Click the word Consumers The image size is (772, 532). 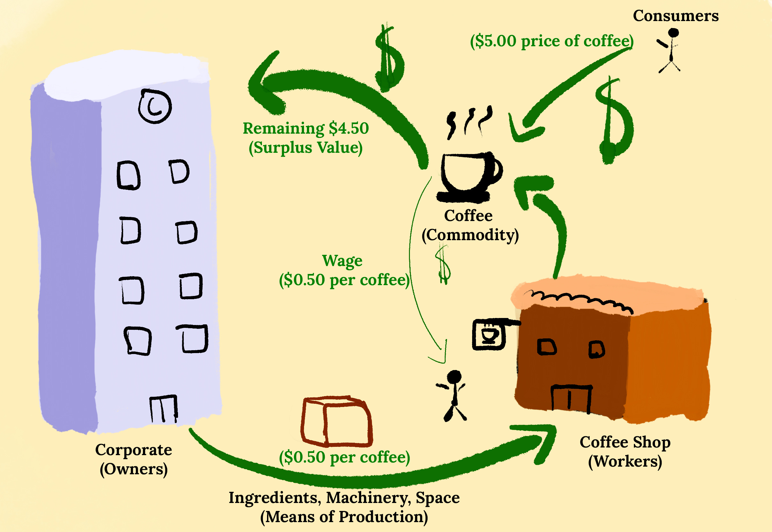pyautogui.click(x=675, y=16)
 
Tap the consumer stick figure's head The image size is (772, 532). pyautogui.click(x=673, y=33)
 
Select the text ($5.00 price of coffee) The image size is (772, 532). pyautogui.click(x=552, y=41)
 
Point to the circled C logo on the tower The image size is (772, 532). pyautogui.click(x=155, y=106)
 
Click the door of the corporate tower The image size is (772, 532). pyautogui.click(x=163, y=409)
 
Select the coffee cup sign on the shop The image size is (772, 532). pyautogui.click(x=489, y=334)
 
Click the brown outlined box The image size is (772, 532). pyautogui.click(x=337, y=422)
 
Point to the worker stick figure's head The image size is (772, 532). pyautogui.click(x=454, y=377)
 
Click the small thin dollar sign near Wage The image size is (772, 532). pyautogui.click(x=443, y=265)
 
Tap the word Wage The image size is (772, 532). pyautogui.click(x=342, y=261)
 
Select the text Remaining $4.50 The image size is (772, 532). pyautogui.click(x=305, y=128)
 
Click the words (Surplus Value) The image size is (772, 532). pyautogui.click(x=305, y=148)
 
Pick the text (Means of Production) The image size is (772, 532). pyautogui.click(x=344, y=517)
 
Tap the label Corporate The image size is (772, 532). pyautogui.click(x=133, y=450)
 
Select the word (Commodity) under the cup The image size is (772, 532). pyautogui.click(x=470, y=235)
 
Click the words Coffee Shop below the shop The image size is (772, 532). pyautogui.click(x=625, y=442)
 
